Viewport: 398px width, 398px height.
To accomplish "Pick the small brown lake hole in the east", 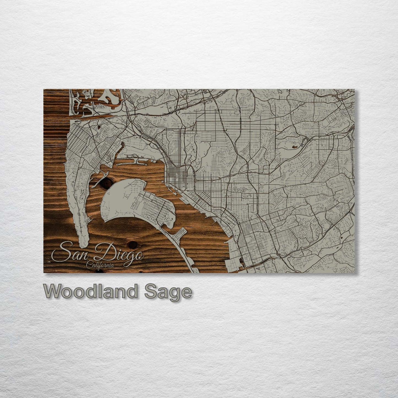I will click(x=295, y=146).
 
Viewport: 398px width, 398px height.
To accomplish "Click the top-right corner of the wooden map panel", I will click(x=354, y=90).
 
